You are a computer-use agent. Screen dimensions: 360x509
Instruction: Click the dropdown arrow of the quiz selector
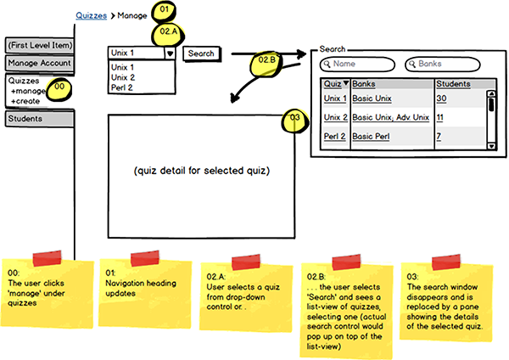click(171, 53)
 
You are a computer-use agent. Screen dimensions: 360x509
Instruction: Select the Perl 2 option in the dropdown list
click(124, 87)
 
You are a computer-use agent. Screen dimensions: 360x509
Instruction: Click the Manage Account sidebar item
click(39, 63)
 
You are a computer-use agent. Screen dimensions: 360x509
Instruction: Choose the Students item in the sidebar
click(39, 119)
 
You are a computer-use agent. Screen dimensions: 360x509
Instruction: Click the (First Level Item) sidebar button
click(39, 45)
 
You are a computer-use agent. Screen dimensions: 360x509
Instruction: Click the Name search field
click(357, 64)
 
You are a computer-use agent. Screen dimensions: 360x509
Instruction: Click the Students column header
click(454, 84)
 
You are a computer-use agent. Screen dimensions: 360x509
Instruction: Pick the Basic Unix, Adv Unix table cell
click(390, 117)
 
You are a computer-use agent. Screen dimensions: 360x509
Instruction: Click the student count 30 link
click(441, 99)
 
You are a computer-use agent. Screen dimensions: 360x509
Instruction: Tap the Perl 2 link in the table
click(335, 136)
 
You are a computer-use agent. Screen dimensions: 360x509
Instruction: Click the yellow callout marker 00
click(59, 87)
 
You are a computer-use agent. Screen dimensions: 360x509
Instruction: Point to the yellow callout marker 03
click(293, 119)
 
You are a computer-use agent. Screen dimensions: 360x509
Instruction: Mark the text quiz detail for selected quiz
click(201, 171)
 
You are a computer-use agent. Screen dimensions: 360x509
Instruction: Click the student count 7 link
click(439, 136)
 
